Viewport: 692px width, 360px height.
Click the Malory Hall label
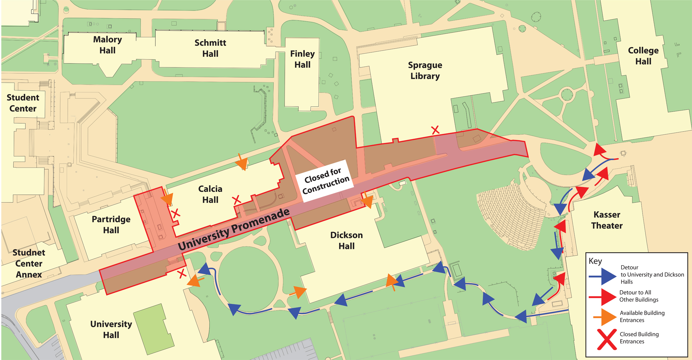click(x=107, y=45)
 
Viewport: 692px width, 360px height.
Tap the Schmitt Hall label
click(x=210, y=48)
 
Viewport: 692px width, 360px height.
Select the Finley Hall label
click(x=302, y=59)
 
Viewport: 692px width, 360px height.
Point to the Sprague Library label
click(x=425, y=70)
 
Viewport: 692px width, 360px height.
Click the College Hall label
click(x=643, y=56)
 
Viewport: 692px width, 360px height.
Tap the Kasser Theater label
click(x=607, y=220)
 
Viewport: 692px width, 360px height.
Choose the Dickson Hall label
click(x=346, y=241)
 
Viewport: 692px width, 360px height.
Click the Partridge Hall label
click(x=111, y=225)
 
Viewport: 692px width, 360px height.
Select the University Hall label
click(x=111, y=329)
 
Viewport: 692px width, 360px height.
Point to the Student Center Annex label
click(x=29, y=263)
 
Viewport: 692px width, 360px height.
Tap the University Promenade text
click(x=234, y=229)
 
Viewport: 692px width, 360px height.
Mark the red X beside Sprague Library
click(x=435, y=130)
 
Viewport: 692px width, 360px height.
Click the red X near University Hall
click(x=182, y=274)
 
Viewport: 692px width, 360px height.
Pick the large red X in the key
click(x=607, y=339)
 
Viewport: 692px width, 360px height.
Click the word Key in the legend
click(x=595, y=261)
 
